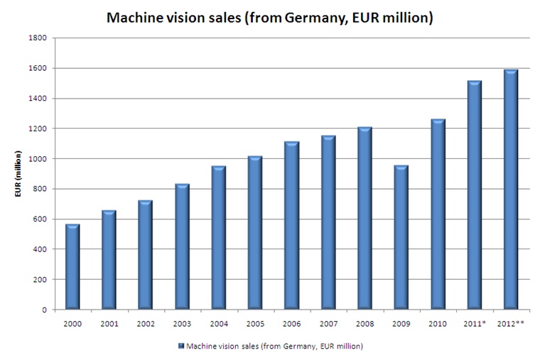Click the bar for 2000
point(72,267)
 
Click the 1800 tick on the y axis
point(40,38)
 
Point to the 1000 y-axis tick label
point(40,159)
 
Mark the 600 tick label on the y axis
point(42,219)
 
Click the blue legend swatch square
point(182,346)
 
